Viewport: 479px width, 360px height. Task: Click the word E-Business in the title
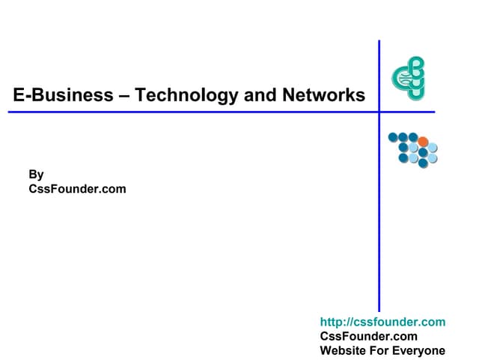point(63,95)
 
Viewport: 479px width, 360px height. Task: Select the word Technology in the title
point(186,95)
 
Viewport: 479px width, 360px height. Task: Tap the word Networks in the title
point(324,95)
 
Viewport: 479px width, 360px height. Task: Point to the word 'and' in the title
point(260,95)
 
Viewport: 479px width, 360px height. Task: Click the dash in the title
point(124,96)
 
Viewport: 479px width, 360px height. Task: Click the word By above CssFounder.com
point(36,175)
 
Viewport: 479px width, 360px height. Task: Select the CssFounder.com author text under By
point(77,189)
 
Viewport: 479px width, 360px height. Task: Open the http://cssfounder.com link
point(382,322)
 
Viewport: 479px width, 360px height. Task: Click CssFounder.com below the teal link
point(369,336)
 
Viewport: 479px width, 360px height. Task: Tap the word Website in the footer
point(343,350)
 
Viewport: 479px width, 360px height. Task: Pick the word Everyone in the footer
point(418,351)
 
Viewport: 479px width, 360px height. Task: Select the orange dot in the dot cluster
point(423,142)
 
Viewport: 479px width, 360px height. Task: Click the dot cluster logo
point(413,150)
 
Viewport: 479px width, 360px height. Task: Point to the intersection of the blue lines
point(379,112)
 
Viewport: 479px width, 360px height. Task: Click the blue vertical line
point(379,176)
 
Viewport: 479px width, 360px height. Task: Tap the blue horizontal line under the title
point(222,112)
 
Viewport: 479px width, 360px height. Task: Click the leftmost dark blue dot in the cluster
point(393,137)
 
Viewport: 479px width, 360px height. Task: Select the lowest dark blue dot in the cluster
point(423,163)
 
